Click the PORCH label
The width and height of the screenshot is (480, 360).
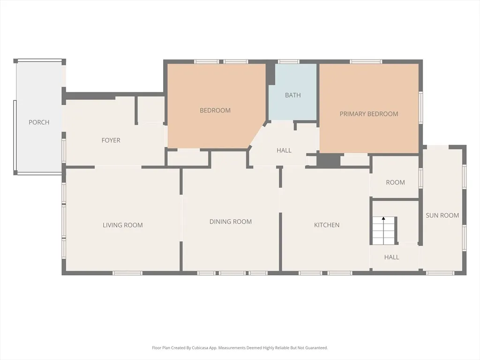click(x=39, y=122)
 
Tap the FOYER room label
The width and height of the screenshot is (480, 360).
click(x=111, y=140)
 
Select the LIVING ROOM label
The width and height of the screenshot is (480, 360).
click(x=123, y=225)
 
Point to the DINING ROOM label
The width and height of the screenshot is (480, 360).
click(x=231, y=222)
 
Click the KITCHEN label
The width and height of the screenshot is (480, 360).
click(x=327, y=225)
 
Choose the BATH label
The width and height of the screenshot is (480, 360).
click(x=293, y=95)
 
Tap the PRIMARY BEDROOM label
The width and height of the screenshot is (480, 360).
click(x=369, y=114)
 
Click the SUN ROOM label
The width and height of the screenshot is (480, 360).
click(x=442, y=215)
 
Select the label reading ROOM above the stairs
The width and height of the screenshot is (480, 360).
click(x=395, y=182)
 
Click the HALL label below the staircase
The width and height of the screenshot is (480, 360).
click(x=391, y=257)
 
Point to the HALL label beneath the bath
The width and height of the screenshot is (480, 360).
click(x=284, y=150)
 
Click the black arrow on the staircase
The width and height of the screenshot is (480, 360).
click(x=383, y=218)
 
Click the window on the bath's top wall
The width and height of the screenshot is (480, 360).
click(x=288, y=61)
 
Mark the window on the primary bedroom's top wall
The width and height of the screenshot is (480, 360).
click(x=366, y=61)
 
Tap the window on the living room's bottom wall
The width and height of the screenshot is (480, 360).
click(x=127, y=273)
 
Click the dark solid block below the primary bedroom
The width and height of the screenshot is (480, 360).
click(x=328, y=160)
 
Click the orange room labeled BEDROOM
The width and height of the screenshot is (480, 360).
click(x=215, y=111)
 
